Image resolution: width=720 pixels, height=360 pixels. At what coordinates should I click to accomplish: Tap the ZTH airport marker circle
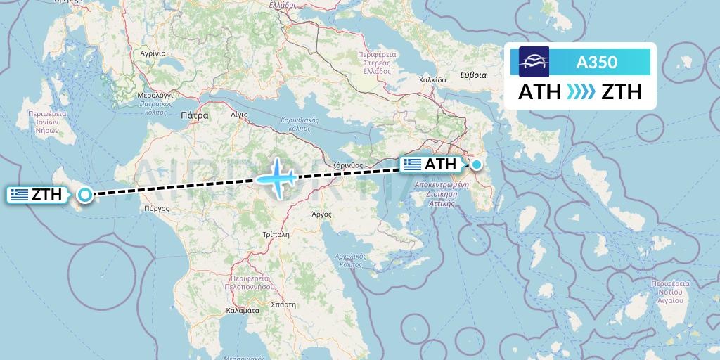click(x=85, y=195)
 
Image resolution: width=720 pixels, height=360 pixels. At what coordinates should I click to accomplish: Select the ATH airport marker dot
click(x=477, y=165)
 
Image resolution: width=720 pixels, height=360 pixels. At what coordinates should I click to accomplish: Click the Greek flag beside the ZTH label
click(x=20, y=195)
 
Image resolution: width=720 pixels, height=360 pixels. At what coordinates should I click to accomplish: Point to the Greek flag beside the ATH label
click(x=413, y=165)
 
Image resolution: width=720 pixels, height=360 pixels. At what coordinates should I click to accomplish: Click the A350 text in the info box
click(x=596, y=62)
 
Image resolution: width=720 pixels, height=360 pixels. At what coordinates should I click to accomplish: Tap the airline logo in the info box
click(x=534, y=62)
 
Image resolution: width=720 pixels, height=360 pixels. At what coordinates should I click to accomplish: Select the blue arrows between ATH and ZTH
click(x=581, y=91)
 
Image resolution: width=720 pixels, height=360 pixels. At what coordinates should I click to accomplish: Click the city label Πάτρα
click(x=194, y=115)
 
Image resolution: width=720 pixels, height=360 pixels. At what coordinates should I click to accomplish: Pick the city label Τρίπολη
click(x=275, y=234)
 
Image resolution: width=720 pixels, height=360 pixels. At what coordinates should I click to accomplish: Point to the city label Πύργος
click(x=155, y=208)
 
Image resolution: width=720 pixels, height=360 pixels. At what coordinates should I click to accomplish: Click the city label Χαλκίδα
click(x=432, y=79)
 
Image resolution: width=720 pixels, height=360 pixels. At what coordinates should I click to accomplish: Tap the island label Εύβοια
click(x=472, y=75)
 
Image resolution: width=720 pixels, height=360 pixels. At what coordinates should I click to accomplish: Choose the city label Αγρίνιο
click(x=152, y=53)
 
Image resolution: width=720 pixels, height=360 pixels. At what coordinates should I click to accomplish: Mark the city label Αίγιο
click(x=239, y=112)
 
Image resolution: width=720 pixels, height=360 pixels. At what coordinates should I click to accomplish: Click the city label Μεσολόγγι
click(x=155, y=94)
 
